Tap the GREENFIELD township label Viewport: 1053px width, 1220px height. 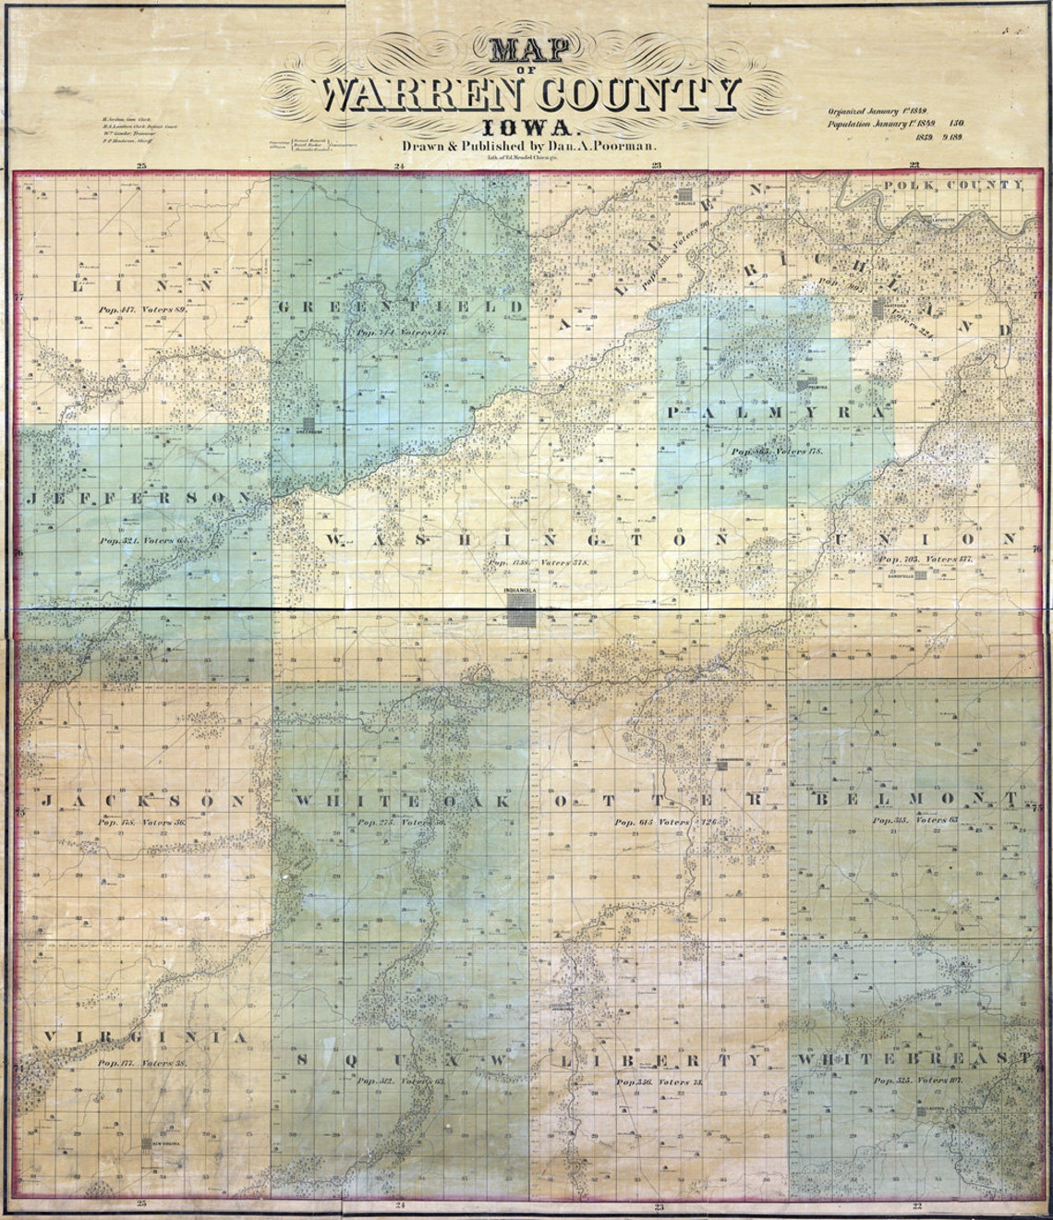(401, 306)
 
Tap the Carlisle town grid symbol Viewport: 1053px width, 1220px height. (684, 195)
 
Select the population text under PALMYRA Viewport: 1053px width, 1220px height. (775, 452)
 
